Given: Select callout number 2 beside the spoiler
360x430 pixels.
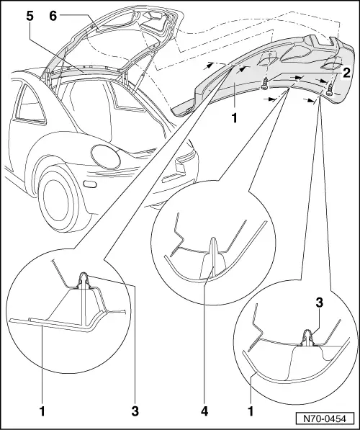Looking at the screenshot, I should point(347,72).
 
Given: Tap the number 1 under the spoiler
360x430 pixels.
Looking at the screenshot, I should point(232,115).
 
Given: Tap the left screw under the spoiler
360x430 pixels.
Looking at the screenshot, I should point(266,83).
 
